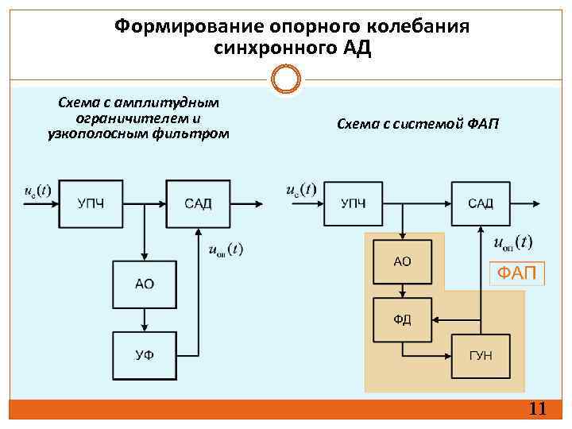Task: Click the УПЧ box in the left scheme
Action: click(x=90, y=204)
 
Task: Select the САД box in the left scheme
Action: click(x=198, y=204)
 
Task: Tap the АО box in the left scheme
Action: click(x=144, y=283)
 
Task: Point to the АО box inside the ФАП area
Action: click(x=402, y=261)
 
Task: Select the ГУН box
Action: click(x=481, y=355)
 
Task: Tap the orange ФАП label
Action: click(x=516, y=274)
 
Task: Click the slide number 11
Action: click(x=537, y=410)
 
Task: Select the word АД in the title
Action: click(x=357, y=48)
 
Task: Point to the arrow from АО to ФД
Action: click(x=402, y=292)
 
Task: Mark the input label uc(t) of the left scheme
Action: click(x=37, y=191)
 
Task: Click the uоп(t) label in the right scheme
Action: click(x=513, y=242)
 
